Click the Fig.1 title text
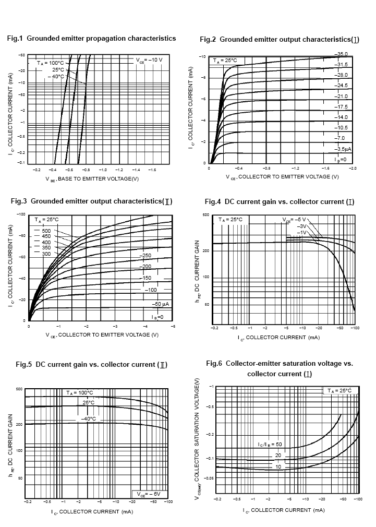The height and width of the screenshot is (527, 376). tap(91, 39)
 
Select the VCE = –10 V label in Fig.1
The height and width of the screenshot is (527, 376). tap(150, 60)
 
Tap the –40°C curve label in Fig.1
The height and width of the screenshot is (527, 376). tap(56, 76)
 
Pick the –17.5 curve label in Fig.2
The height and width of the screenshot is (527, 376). tap(341, 106)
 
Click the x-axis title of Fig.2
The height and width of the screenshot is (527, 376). tap(282, 177)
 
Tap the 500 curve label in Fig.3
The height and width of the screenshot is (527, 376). tap(46, 231)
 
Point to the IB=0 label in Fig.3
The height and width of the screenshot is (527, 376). tap(157, 317)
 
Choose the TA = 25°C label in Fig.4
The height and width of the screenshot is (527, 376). tap(231, 219)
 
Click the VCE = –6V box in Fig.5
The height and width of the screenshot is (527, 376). tap(149, 494)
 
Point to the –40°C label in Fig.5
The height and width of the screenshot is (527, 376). tap(87, 418)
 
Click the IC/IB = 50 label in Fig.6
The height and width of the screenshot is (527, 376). tap(270, 444)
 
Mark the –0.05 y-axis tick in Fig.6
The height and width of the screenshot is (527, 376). tap(208, 477)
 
